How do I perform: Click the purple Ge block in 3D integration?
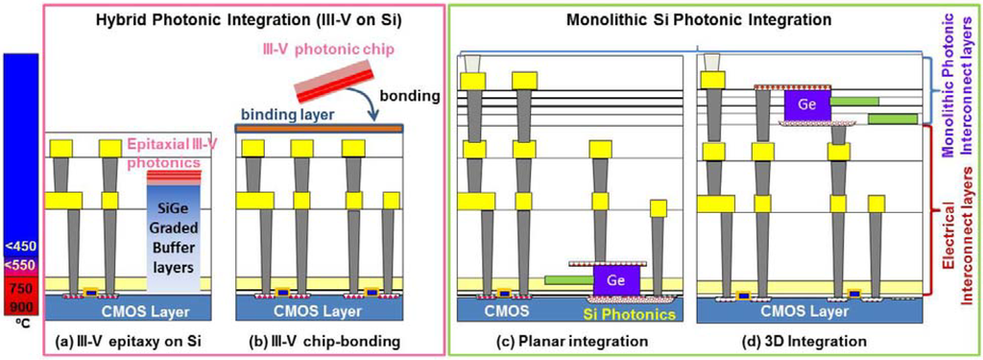tap(807, 106)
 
